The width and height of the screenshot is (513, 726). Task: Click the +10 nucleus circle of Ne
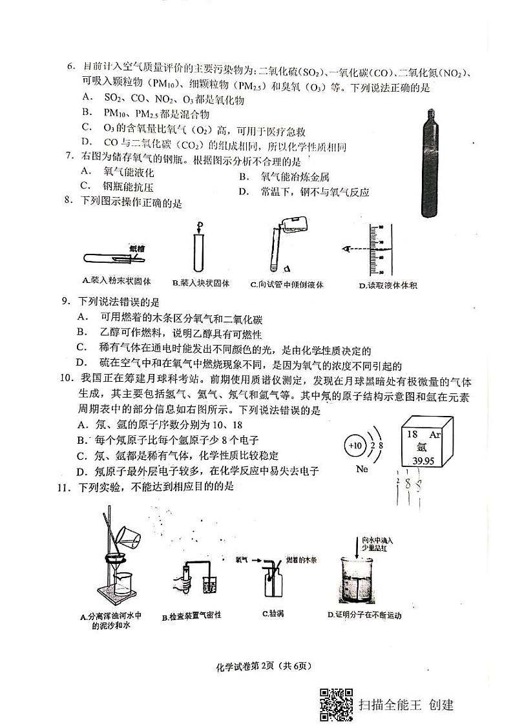[355, 446]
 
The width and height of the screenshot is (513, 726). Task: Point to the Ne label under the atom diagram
[362, 470]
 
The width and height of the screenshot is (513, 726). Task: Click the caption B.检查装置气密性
[192, 616]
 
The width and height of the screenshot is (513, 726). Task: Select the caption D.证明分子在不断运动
[365, 615]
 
